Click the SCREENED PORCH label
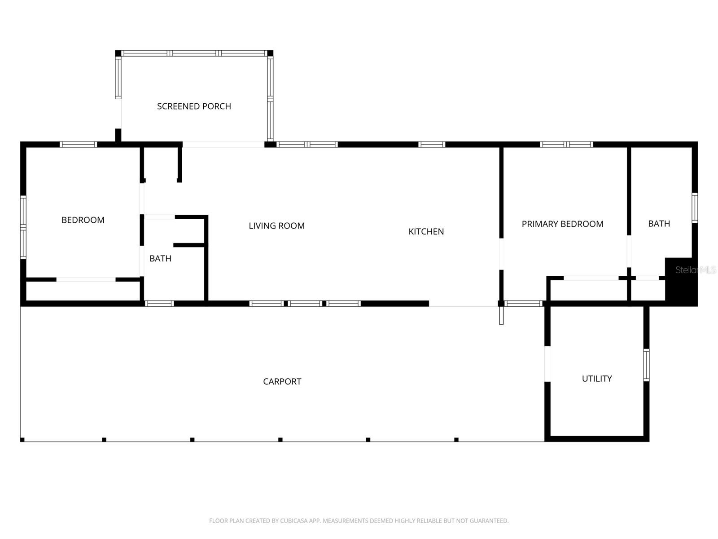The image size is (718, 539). click(x=194, y=106)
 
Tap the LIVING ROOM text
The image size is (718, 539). click(x=276, y=226)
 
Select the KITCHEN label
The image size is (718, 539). click(x=426, y=232)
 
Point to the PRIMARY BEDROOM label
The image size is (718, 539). click(x=562, y=224)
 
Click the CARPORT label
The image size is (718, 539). click(x=282, y=382)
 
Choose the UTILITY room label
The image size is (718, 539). click(x=596, y=379)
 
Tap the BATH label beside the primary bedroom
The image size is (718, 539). click(x=659, y=224)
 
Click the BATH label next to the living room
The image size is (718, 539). click(x=160, y=259)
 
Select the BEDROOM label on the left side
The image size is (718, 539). click(x=83, y=220)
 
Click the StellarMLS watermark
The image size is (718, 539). click(x=695, y=270)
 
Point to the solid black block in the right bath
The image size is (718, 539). click(x=681, y=283)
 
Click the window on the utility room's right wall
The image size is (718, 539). click(x=646, y=365)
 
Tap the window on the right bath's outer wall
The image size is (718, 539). click(x=695, y=208)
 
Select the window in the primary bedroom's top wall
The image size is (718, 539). click(x=566, y=145)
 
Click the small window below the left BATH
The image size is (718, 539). click(x=159, y=304)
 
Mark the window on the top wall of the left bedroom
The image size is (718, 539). click(x=79, y=145)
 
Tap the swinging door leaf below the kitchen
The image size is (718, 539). click(x=501, y=315)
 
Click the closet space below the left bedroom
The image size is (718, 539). click(x=83, y=291)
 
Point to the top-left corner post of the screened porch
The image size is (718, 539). click(x=118, y=53)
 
